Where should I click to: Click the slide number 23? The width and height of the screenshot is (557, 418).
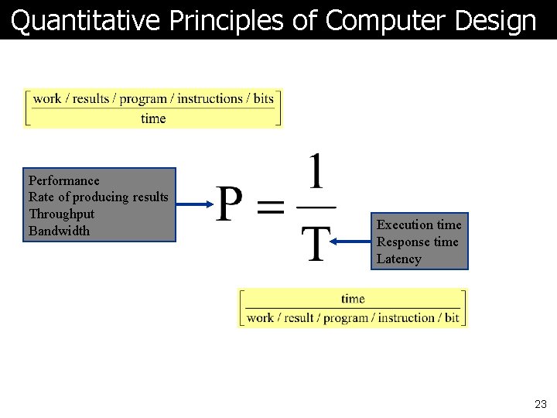pyautogui.click(x=540, y=404)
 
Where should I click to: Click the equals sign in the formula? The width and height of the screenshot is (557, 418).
pyautogui.click(x=270, y=207)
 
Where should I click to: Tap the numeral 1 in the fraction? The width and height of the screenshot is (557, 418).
pyautogui.click(x=316, y=172)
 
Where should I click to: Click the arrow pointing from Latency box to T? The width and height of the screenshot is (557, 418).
pyautogui.click(x=350, y=242)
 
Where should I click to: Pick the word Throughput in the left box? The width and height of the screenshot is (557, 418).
pyautogui.click(x=61, y=214)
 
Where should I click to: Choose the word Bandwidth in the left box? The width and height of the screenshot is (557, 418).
pyautogui.click(x=59, y=231)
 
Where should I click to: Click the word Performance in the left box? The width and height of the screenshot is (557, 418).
pyautogui.click(x=63, y=180)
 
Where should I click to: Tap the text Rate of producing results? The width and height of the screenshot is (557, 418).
pyautogui.click(x=98, y=197)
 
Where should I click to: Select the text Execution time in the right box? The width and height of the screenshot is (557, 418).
pyautogui.click(x=419, y=225)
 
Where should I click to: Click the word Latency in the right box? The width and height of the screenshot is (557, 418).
pyautogui.click(x=398, y=259)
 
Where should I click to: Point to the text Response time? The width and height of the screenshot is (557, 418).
pyautogui.click(x=417, y=242)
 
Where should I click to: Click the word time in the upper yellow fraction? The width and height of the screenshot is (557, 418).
pyautogui.click(x=153, y=118)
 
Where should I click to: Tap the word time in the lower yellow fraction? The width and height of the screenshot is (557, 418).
pyautogui.click(x=353, y=299)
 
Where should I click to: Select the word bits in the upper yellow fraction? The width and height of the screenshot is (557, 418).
pyautogui.click(x=264, y=98)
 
